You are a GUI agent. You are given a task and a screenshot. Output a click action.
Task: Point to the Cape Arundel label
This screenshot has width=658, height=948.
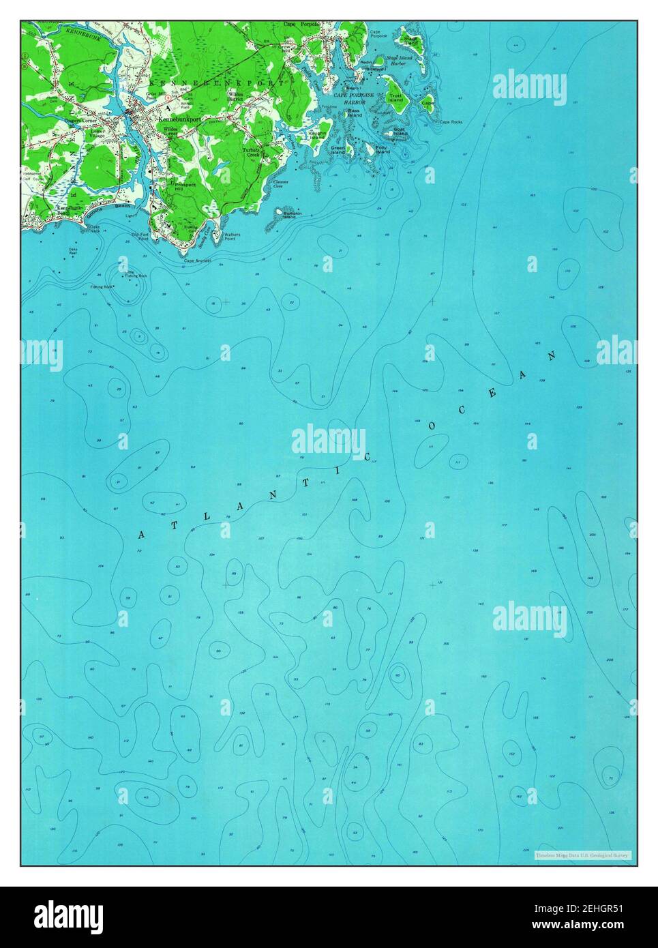[x=198, y=261]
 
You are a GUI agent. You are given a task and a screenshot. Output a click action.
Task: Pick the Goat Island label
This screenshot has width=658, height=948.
[x=400, y=131]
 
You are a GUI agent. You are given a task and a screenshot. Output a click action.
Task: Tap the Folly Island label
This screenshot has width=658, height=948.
[x=383, y=149]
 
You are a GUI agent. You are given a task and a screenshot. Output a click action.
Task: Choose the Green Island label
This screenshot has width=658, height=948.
[x=338, y=149]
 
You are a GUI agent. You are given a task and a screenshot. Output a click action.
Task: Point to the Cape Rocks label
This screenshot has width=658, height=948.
[x=451, y=122]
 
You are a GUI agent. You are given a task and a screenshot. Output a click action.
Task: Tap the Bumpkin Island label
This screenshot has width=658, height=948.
[x=289, y=215]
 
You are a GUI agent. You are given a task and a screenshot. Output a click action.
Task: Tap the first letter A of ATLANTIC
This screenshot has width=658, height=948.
[x=141, y=534]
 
